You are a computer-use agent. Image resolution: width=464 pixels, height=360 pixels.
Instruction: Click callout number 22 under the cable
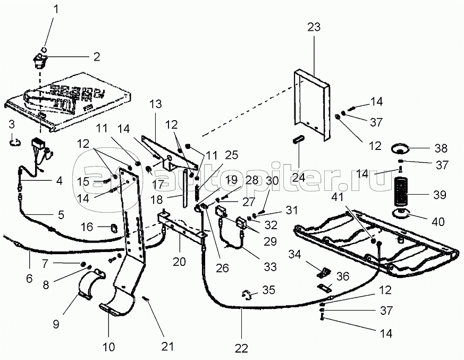point(241,349)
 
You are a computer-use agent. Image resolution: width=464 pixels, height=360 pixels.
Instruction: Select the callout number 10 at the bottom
point(108,347)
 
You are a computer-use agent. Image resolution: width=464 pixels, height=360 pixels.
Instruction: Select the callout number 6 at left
point(29,278)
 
